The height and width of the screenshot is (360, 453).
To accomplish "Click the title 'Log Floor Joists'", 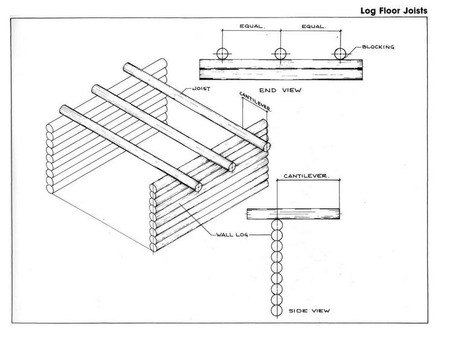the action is tap(394, 11).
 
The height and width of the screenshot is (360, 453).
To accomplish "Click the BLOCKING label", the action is tap(378, 47).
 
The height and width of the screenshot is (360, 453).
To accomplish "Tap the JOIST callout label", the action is tap(201, 89).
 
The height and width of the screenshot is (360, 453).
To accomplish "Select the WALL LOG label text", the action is tap(232, 234).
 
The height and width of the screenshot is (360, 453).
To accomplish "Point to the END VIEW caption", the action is tap(280, 90).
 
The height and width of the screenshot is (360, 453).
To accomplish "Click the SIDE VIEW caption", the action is tap(309, 311).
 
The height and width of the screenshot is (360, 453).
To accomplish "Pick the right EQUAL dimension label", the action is tap(314, 27).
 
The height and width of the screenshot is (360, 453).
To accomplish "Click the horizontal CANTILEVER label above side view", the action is tap(306, 176).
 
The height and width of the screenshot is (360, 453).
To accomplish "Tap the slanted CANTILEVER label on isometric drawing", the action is tap(255, 101).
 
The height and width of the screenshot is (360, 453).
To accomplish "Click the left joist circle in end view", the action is tap(222, 54).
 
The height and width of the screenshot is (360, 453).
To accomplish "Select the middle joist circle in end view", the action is tap(280, 54).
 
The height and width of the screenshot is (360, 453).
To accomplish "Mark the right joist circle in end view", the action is tap(340, 54).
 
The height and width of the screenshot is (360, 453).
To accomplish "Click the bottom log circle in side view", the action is tap(277, 310).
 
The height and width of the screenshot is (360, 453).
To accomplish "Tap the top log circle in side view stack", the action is tap(277, 225).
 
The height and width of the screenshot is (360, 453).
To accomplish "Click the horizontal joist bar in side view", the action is tap(293, 214).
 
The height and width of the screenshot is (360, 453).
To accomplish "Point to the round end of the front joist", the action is tap(198, 187).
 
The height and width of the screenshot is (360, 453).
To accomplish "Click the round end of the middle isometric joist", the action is tap(232, 167).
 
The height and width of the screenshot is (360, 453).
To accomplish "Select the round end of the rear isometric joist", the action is tap(266, 147).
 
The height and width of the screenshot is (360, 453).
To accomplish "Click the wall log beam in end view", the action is tap(281, 69).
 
